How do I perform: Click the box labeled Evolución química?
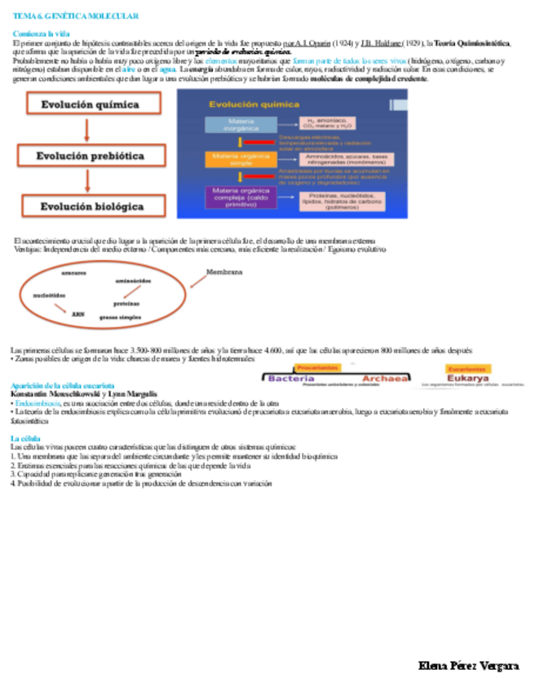(x=91, y=104)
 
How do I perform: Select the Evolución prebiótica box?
(x=91, y=156)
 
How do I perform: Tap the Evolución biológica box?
(x=92, y=206)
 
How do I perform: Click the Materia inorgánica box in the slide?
(x=235, y=125)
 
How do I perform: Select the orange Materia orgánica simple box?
(x=235, y=158)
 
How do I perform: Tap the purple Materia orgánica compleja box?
(x=236, y=197)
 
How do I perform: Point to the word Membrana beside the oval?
(x=224, y=273)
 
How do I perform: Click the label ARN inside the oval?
(x=78, y=313)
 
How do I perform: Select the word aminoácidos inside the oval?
(x=134, y=281)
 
